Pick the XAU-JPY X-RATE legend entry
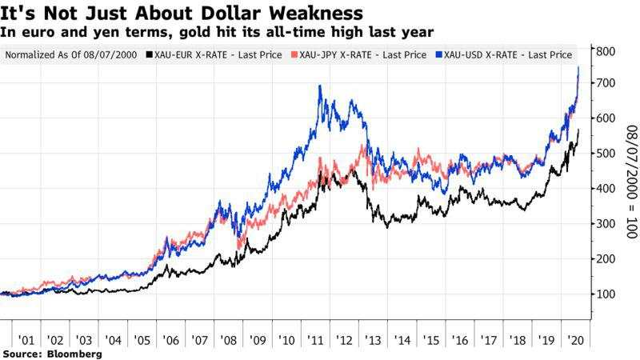pos(362,54)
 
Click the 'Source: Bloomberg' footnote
pos(52,353)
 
